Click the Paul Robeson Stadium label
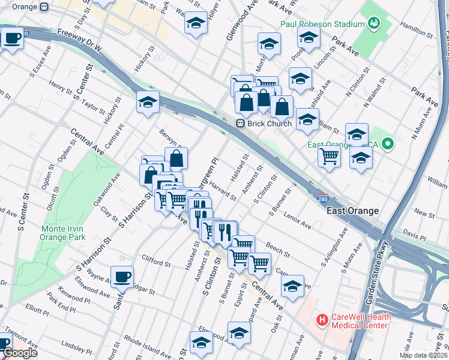tap(323, 24)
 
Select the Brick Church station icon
tap(240, 124)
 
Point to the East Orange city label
tap(352, 211)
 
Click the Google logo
tap(20, 353)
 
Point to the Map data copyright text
tap(423, 355)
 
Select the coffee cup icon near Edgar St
tap(122, 277)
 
